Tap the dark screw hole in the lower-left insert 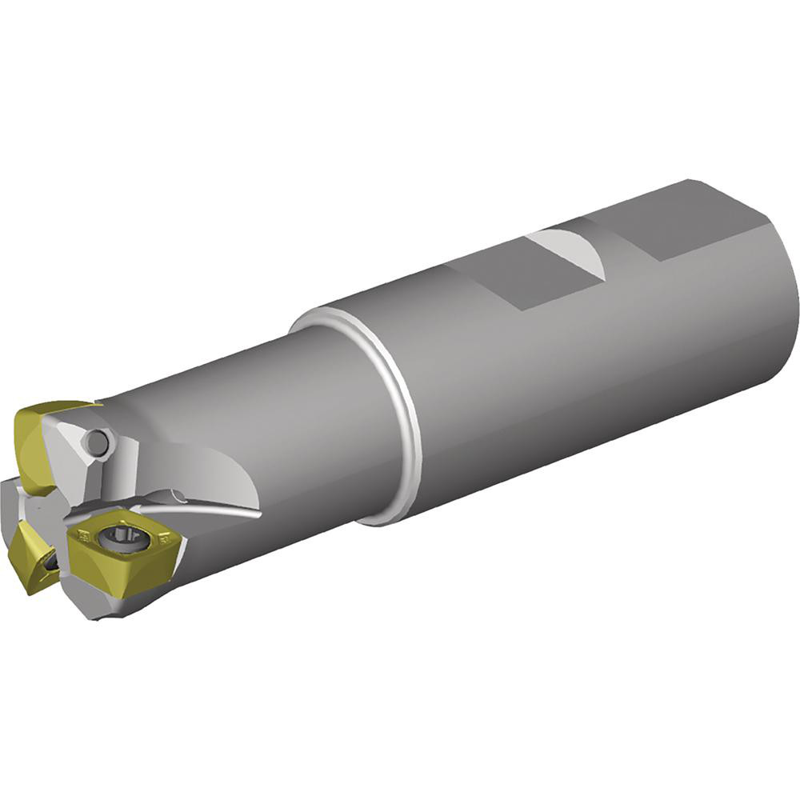click(x=50, y=564)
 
